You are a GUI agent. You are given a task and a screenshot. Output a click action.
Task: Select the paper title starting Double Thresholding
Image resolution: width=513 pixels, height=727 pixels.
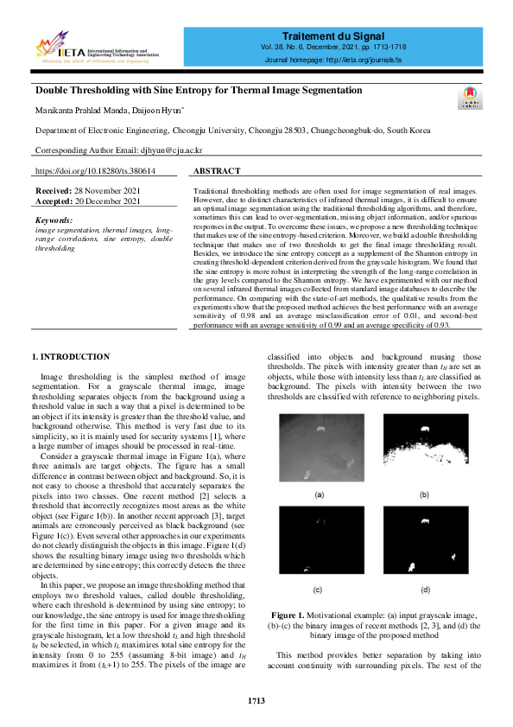click(198, 90)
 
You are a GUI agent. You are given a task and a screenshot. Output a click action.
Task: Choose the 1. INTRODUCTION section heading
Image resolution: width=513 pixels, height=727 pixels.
click(70, 356)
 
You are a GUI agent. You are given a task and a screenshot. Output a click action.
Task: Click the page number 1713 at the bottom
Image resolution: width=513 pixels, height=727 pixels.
click(256, 700)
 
